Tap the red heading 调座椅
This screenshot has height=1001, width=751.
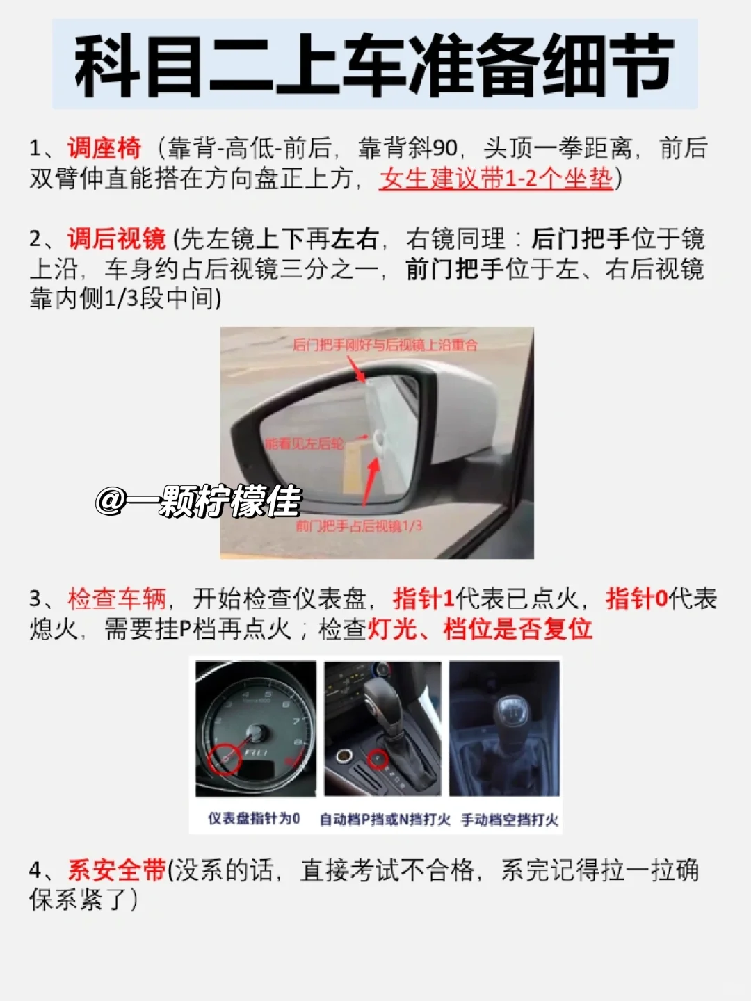pyautogui.click(x=104, y=148)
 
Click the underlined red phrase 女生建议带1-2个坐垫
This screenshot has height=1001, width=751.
pyautogui.click(x=496, y=179)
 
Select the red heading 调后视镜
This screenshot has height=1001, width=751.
pyautogui.click(x=116, y=238)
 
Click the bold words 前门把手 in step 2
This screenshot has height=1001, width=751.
pyautogui.click(x=455, y=269)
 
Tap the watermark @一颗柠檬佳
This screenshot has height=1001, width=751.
pyautogui.click(x=198, y=500)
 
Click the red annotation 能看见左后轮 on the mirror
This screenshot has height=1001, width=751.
pyautogui.click(x=304, y=443)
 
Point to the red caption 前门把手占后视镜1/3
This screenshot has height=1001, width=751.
pyautogui.click(x=359, y=526)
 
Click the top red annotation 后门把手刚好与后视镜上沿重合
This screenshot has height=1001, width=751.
pyautogui.click(x=385, y=345)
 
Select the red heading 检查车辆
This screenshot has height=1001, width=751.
pyautogui.click(x=117, y=599)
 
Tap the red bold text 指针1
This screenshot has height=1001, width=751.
pyautogui.click(x=423, y=599)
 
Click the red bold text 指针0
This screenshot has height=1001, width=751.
pyautogui.click(x=636, y=599)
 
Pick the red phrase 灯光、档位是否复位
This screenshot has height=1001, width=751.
pyautogui.click(x=480, y=629)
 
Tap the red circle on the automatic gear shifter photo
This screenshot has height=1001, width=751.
pyautogui.click(x=378, y=758)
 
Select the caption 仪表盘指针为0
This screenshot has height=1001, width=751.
pyautogui.click(x=254, y=818)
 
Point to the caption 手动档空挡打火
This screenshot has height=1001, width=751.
pyautogui.click(x=510, y=820)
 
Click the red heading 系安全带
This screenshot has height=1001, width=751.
pyautogui.click(x=116, y=870)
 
